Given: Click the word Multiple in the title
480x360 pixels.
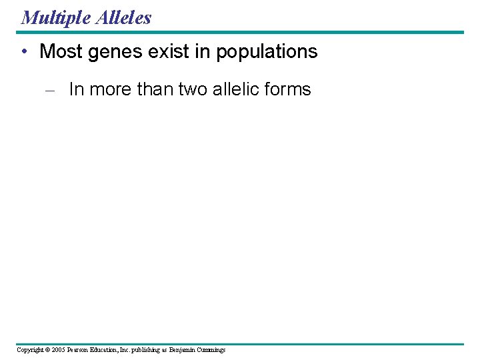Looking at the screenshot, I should pos(56,17).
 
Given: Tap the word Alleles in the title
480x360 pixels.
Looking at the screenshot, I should pos(123,17).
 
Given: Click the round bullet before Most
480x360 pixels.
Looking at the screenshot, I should pos(24,51).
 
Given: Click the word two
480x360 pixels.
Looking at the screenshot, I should pos(193,89).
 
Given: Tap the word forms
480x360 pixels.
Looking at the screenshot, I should pos(290,89).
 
